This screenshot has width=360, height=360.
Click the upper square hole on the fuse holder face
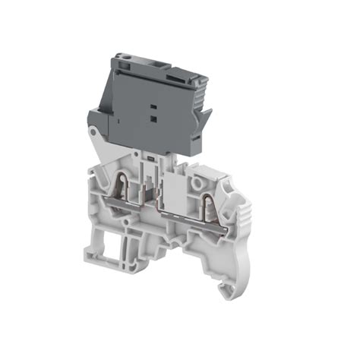[152, 108]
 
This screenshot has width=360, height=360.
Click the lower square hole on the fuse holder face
[153, 118]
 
